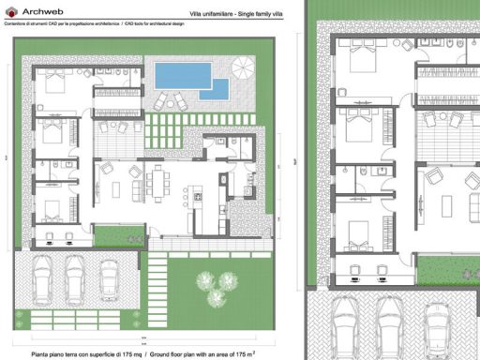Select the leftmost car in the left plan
(x=44, y=277)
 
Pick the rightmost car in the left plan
(x=109, y=277)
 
